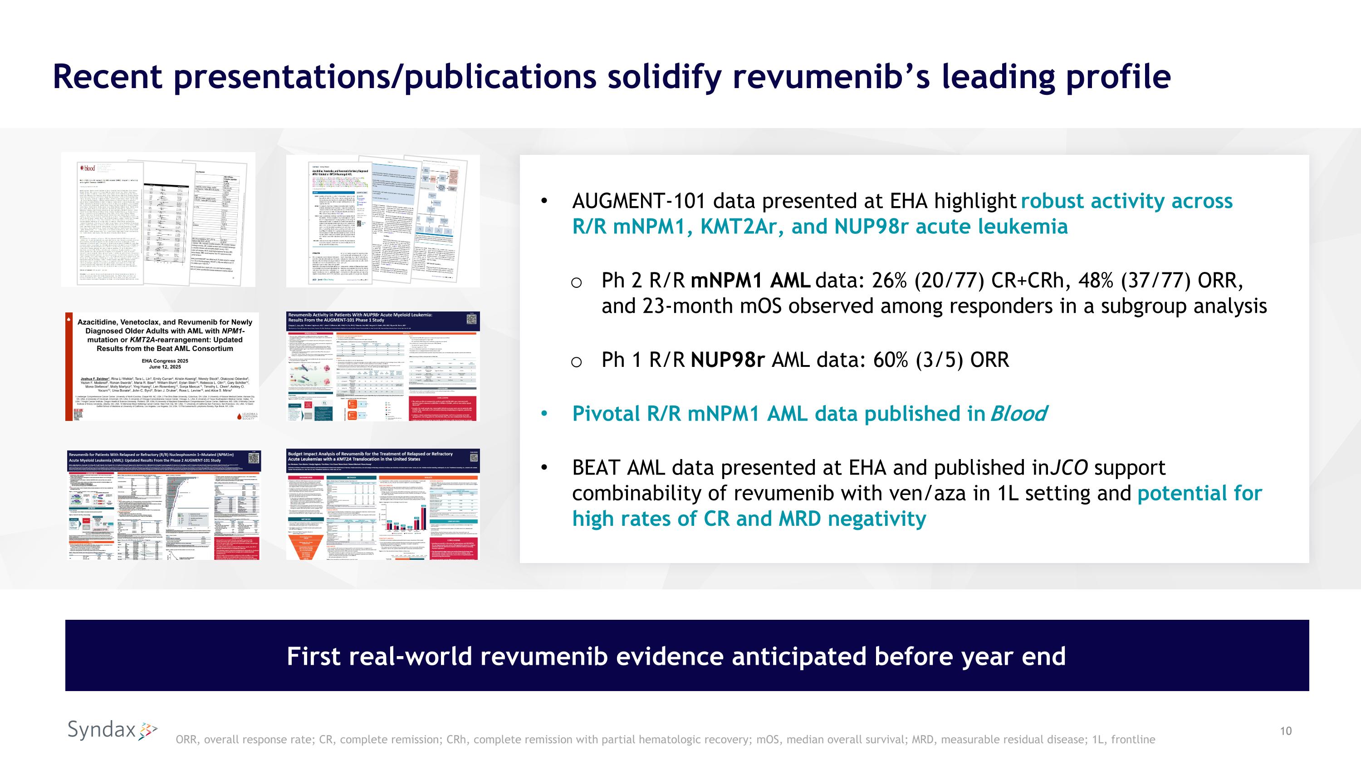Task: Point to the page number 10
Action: coord(1285,731)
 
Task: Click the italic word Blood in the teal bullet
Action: coord(1018,414)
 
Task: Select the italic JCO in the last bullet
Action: coord(1069,468)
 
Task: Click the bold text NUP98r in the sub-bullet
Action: coord(728,360)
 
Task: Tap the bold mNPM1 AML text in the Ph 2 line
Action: coord(750,281)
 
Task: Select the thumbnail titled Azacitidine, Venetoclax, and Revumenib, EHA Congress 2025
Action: coord(162,366)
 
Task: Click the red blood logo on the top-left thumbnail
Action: coord(88,168)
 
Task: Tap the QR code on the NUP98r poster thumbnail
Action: coord(472,319)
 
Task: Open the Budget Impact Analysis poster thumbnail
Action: coord(382,504)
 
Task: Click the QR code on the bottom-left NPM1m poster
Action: coord(254,458)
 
